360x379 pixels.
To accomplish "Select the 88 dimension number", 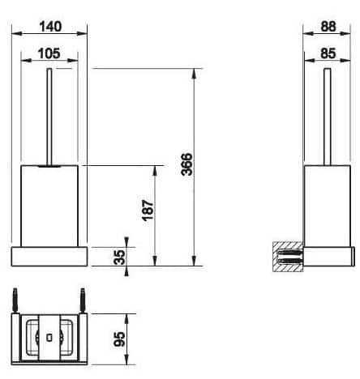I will click(x=328, y=26).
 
